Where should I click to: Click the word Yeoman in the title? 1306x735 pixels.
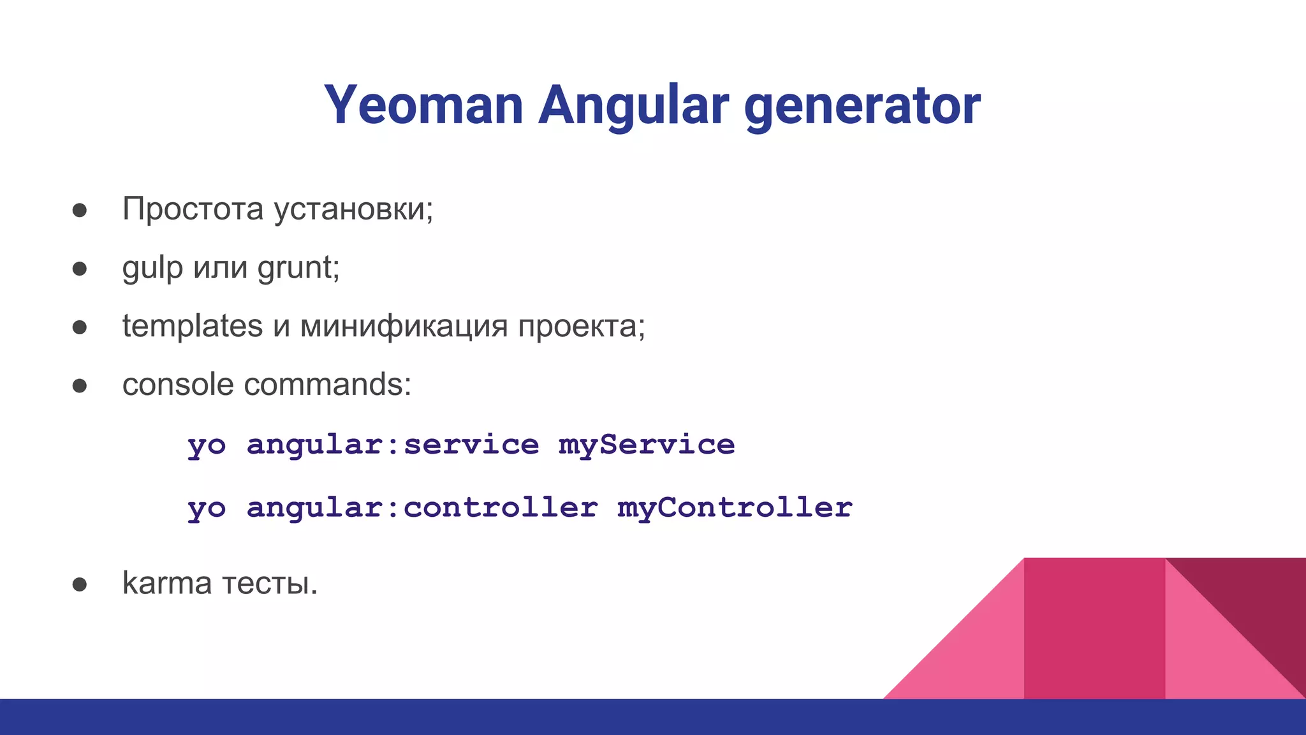423,105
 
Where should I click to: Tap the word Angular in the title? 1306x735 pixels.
633,105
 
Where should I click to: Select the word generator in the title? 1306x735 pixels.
862,105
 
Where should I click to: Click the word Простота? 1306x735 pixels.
193,209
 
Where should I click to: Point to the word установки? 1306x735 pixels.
353,209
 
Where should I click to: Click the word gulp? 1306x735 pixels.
152,267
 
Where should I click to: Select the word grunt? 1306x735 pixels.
297,267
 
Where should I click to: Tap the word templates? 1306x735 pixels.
192,326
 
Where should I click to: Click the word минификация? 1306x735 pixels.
404,326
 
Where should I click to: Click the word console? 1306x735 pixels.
178,385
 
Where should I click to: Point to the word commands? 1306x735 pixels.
327,385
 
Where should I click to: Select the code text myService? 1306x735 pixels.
647,445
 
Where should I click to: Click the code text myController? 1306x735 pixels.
735,508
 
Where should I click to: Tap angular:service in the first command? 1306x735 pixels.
393,445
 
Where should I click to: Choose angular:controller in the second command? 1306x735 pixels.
422,508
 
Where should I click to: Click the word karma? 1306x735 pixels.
166,583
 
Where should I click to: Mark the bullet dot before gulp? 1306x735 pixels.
80,269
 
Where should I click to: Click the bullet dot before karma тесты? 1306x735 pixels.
80,584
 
